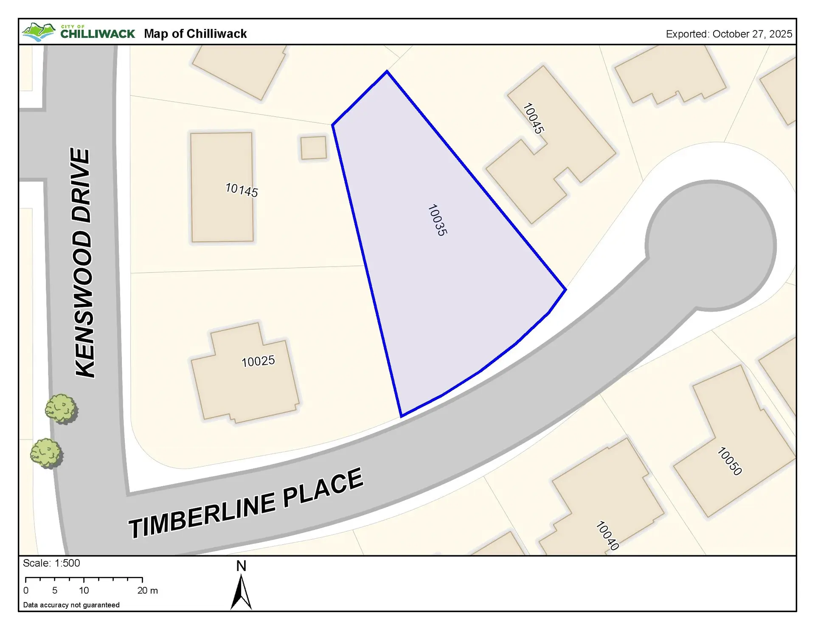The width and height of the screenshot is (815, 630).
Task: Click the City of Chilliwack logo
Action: pyautogui.click(x=79, y=32)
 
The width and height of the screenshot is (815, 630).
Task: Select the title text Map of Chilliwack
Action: pyautogui.click(x=195, y=34)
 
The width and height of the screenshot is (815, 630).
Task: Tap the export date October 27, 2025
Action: pyautogui.click(x=729, y=34)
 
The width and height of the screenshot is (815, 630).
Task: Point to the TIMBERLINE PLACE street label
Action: pyautogui.click(x=246, y=503)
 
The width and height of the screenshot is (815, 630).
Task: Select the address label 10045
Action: pyautogui.click(x=533, y=118)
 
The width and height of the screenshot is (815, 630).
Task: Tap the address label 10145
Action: pyautogui.click(x=242, y=190)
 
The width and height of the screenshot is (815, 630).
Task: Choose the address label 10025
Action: pyautogui.click(x=258, y=361)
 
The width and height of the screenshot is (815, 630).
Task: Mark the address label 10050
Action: pyautogui.click(x=729, y=461)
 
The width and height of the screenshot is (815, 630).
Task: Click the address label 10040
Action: pyautogui.click(x=607, y=536)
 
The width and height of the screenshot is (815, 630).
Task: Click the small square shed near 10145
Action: pyautogui.click(x=314, y=148)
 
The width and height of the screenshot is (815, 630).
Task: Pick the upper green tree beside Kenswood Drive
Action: pyautogui.click(x=62, y=409)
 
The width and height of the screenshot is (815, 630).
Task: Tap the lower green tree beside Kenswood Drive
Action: pyautogui.click(x=46, y=453)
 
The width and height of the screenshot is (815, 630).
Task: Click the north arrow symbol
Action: pyautogui.click(x=241, y=592)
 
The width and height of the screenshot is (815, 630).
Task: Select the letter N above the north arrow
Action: pyautogui.click(x=241, y=566)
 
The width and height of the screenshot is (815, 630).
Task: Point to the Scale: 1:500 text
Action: pyautogui.click(x=51, y=563)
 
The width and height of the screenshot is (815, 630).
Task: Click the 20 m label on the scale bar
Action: pyautogui.click(x=147, y=591)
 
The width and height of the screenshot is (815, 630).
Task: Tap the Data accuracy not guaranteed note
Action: pyautogui.click(x=71, y=605)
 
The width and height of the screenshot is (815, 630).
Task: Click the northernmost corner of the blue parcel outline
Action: pyautogui.click(x=387, y=71)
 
